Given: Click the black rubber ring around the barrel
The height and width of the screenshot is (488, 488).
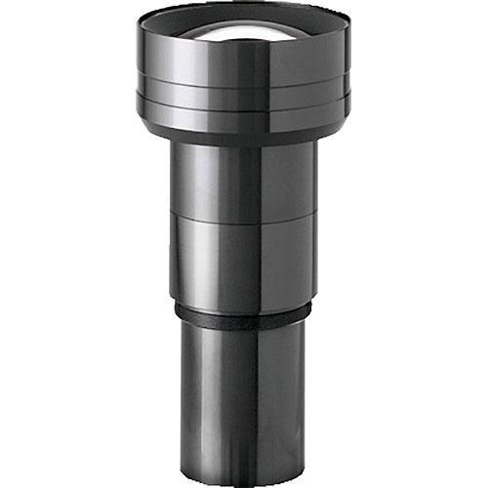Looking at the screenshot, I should pyautogui.click(x=244, y=314).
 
